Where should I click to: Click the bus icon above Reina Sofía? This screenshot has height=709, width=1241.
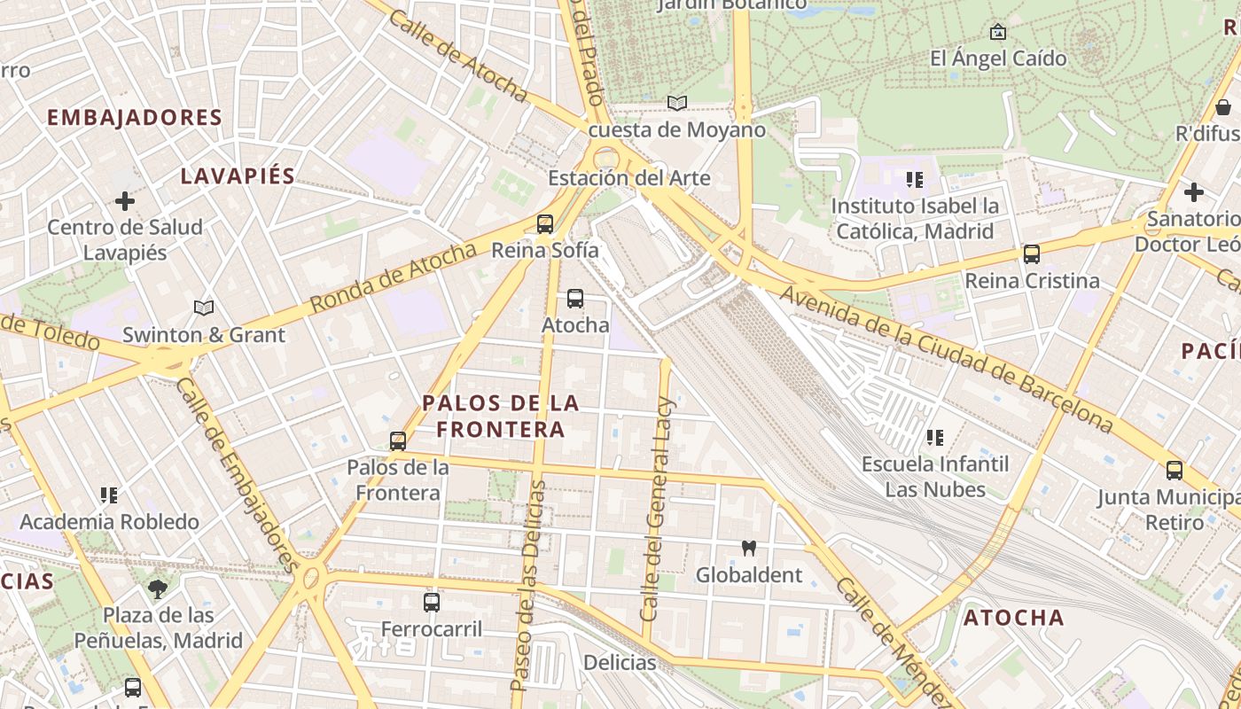tap(545, 223)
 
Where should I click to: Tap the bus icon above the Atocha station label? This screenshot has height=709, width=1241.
tap(575, 299)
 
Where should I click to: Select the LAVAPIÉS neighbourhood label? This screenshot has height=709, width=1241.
tap(238, 175)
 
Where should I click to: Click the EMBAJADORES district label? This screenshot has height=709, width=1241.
tap(135, 118)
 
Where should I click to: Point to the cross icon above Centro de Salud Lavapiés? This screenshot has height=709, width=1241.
tap(125, 201)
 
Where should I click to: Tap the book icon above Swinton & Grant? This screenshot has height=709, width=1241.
tap(204, 308)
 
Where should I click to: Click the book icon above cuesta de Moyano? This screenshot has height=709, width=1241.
tap(677, 104)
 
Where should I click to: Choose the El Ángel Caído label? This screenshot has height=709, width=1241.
tap(998, 58)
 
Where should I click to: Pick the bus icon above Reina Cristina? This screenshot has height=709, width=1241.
tap(1032, 254)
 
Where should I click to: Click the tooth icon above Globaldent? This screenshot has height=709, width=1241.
tap(749, 549)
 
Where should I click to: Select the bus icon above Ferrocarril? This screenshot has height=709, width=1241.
tap(432, 603)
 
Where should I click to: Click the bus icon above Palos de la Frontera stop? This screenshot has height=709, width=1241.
tap(398, 440)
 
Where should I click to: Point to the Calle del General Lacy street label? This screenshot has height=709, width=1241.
tap(659, 509)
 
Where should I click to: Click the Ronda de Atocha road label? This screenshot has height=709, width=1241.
tap(394, 278)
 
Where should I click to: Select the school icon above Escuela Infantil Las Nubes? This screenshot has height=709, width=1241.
tap(935, 437)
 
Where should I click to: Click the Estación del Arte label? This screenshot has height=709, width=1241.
tap(629, 178)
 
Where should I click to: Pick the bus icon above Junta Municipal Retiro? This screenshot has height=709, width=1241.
tap(1175, 471)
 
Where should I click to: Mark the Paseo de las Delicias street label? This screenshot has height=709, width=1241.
tap(530, 585)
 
